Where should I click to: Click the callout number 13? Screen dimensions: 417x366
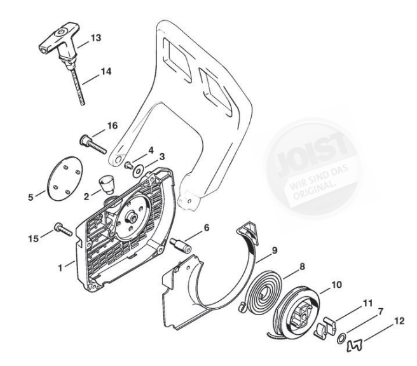point(96,39)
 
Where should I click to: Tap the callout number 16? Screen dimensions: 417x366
point(112,126)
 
